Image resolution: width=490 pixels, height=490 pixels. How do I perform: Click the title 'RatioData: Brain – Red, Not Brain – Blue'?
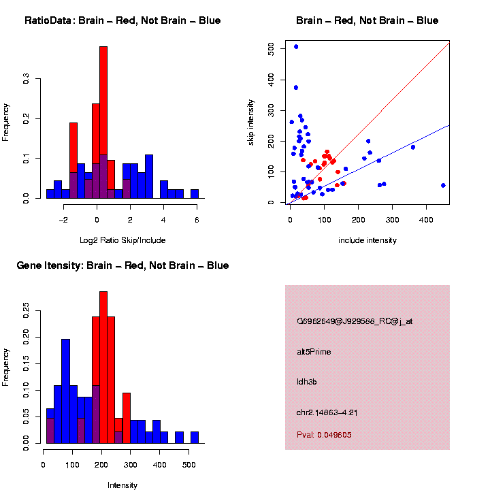coord(122,20)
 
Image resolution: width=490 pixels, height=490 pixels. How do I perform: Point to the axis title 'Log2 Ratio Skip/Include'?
coord(122,240)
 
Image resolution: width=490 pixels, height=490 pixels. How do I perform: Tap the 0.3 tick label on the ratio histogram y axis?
coord(25,80)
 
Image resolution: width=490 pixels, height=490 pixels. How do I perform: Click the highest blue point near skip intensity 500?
coord(296,47)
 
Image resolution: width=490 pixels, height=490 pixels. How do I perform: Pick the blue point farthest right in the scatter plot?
coord(443,185)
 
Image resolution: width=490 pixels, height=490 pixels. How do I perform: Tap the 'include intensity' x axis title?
coord(367,240)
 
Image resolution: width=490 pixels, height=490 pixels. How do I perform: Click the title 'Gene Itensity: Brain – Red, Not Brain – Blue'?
coord(122,265)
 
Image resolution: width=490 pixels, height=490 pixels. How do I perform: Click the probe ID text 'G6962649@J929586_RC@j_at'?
coord(355,321)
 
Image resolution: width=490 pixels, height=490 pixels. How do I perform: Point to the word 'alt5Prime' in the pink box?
coord(314,352)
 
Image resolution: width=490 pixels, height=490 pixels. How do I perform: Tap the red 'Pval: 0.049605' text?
coord(324,435)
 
